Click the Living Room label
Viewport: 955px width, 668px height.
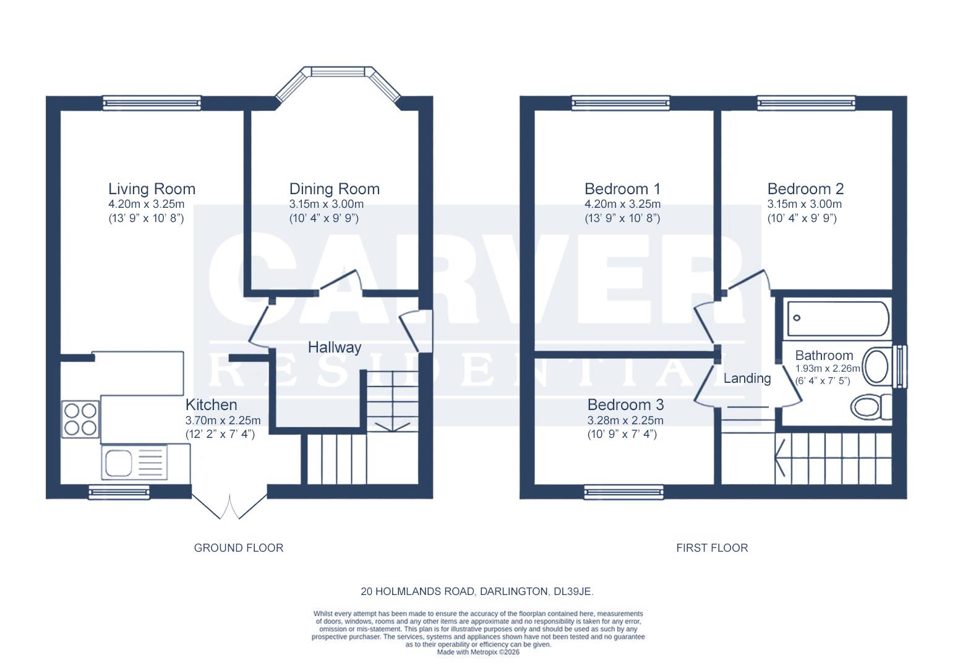(152, 189)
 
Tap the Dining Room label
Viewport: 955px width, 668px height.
(334, 189)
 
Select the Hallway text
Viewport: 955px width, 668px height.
(334, 347)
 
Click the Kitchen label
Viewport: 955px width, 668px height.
(211, 405)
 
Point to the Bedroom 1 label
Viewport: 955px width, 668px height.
(622, 189)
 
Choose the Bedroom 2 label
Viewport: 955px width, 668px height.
(805, 189)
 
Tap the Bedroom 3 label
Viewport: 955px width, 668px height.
(625, 405)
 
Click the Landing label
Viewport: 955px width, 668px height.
(747, 378)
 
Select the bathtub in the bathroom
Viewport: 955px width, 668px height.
(838, 319)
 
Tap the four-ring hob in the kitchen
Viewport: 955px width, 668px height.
(80, 419)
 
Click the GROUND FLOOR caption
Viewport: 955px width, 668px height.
(239, 548)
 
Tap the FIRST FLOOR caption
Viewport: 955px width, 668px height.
(712, 548)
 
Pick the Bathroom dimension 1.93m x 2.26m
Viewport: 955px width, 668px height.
(827, 369)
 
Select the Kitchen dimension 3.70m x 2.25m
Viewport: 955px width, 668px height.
(223, 421)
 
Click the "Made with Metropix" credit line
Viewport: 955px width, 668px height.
(478, 652)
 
